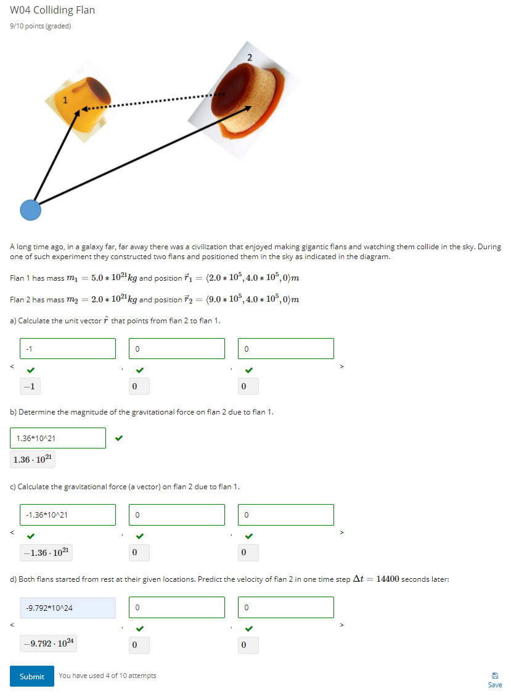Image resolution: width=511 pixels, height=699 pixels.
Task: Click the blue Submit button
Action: pyautogui.click(x=31, y=676)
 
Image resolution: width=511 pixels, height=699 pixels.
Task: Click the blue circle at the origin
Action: pyautogui.click(x=30, y=210)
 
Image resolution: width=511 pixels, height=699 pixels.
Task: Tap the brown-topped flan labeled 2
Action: pyautogui.click(x=250, y=99)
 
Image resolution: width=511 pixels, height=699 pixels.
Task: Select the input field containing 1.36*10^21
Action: pyautogui.click(x=58, y=438)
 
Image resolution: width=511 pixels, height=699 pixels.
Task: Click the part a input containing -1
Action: pyautogui.click(x=67, y=349)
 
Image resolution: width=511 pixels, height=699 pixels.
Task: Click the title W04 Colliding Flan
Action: pyautogui.click(x=52, y=10)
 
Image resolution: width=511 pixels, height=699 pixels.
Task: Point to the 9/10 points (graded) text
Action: pyautogui.click(x=41, y=26)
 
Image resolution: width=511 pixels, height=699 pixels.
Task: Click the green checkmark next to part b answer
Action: pyautogui.click(x=119, y=439)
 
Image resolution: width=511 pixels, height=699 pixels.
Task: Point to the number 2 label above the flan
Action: pyautogui.click(x=249, y=57)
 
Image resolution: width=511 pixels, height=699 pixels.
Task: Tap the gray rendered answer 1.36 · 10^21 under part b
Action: pyautogui.click(x=34, y=460)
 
